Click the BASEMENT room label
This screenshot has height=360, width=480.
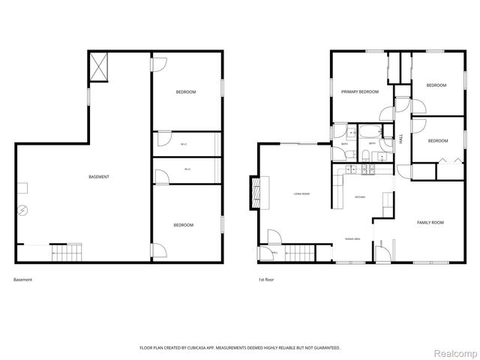pos(99,177)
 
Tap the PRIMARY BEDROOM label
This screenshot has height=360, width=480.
pos(360,91)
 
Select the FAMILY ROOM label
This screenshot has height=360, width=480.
pos(430,223)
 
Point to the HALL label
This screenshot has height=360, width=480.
pos(401,139)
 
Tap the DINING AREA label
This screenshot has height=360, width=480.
pos(352,238)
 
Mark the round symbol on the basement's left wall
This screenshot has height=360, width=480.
pos(23,209)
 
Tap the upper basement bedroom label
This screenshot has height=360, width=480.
pos(186,92)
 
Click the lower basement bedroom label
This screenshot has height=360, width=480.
pos(184,225)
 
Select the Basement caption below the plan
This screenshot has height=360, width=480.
pos(23,280)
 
